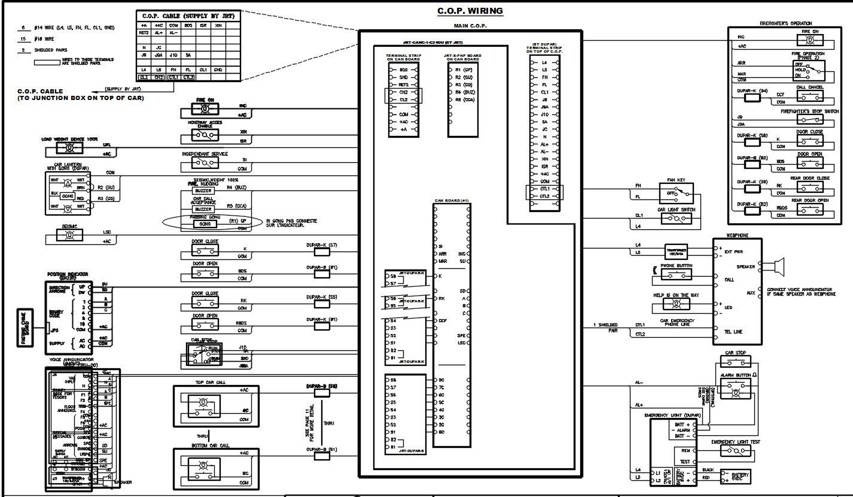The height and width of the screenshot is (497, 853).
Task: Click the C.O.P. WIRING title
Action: coord(470,11)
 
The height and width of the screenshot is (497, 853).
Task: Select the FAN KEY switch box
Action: coord(676,193)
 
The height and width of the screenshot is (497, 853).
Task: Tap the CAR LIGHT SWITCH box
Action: coord(676,219)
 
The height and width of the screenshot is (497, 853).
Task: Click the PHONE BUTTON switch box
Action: coord(676,274)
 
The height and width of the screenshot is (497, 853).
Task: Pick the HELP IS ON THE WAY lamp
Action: coord(676,304)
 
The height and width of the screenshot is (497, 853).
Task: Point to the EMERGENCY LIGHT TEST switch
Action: coord(735,450)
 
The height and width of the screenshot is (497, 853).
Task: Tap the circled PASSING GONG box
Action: coord(205,223)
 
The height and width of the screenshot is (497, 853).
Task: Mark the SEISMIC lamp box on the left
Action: coord(69,236)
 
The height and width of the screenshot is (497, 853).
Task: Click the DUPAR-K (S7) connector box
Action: coord(322,253)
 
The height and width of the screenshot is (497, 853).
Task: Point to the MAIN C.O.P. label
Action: coord(469,25)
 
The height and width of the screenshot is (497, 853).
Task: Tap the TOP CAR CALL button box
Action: coord(200,407)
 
